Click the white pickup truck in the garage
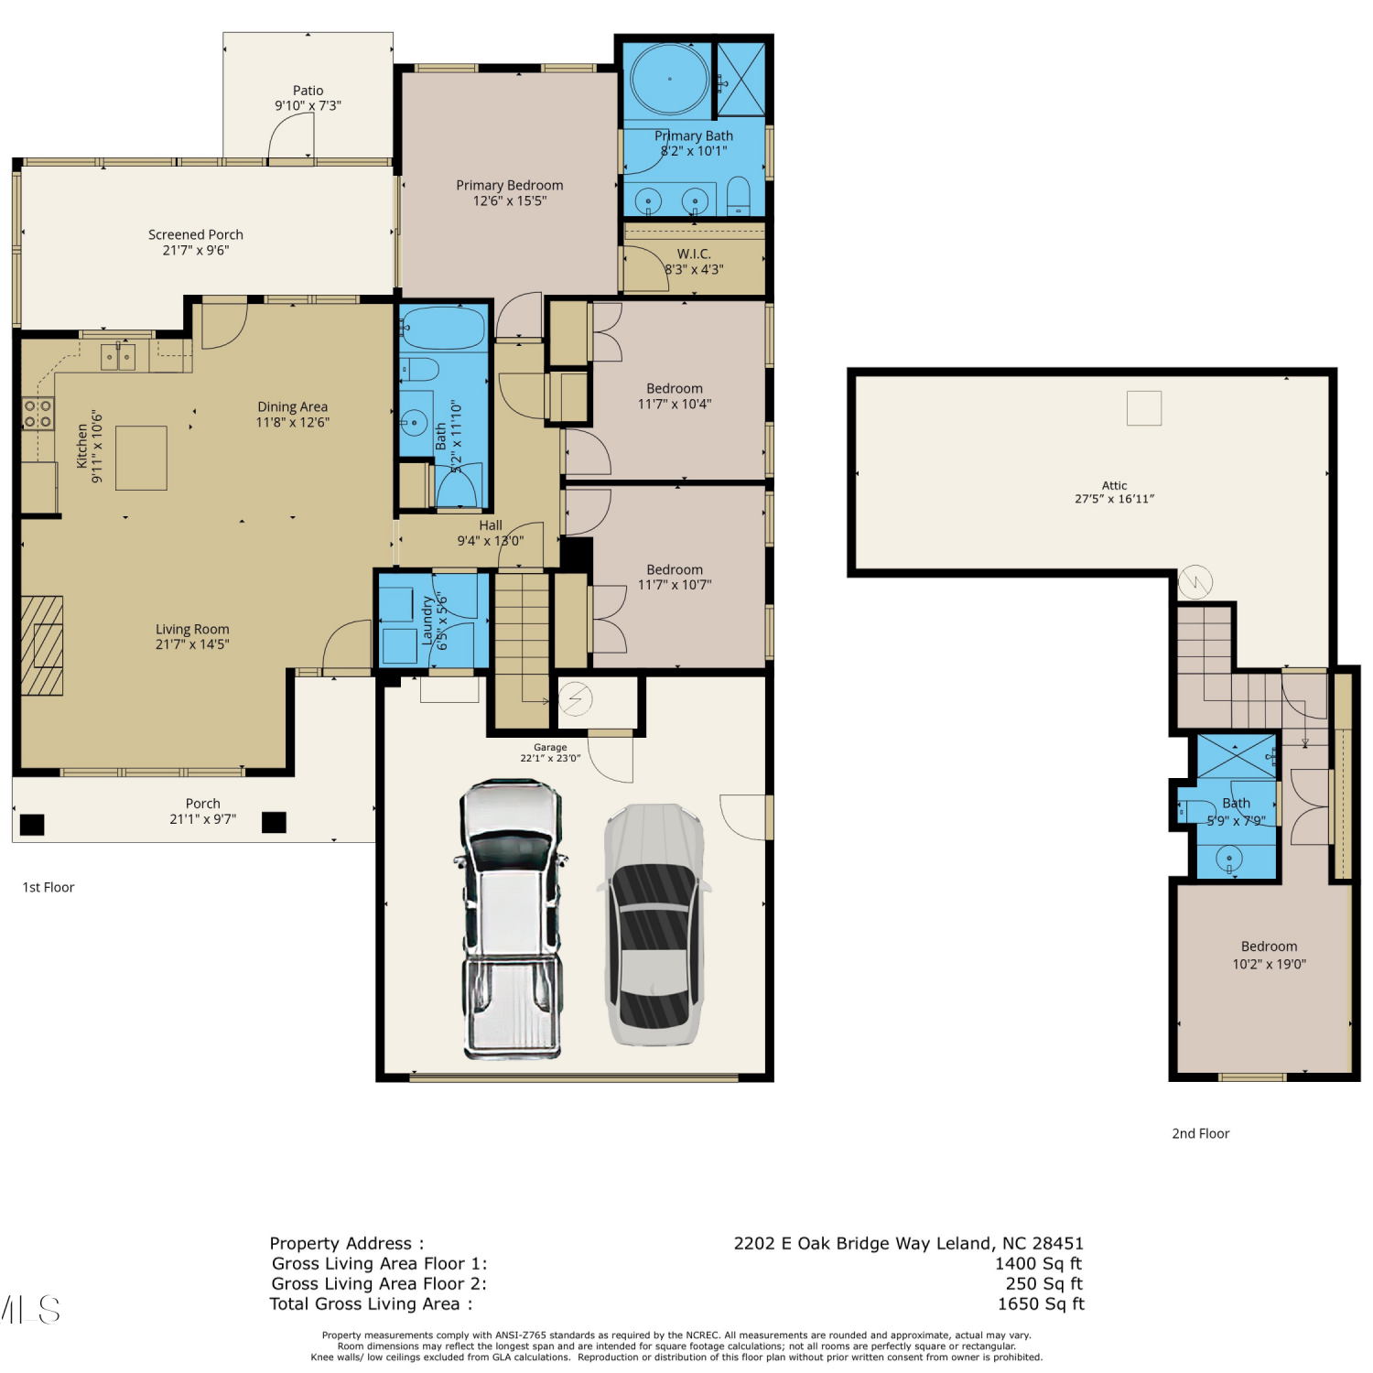[x=510, y=920]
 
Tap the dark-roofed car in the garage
[x=654, y=924]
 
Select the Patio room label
[x=308, y=91]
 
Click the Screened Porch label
[x=196, y=234]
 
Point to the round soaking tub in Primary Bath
[x=670, y=80]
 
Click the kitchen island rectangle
[x=141, y=458]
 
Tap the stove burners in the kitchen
[x=38, y=414]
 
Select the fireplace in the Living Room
[x=42, y=645]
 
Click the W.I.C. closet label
[x=694, y=254]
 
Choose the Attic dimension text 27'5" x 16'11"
[x=1114, y=499]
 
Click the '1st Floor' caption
[x=49, y=887]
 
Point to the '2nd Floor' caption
[x=1200, y=1133]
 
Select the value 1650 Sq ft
[x=1041, y=1303]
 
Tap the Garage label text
[x=550, y=747]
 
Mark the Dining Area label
[x=292, y=406]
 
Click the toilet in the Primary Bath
[x=738, y=197]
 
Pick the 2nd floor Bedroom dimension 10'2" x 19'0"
[x=1269, y=964]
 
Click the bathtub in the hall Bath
[x=443, y=329]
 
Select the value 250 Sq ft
[x=1043, y=1283]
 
